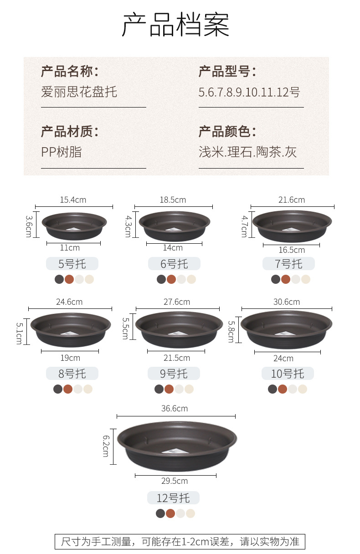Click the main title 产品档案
175,25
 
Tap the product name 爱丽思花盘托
79,92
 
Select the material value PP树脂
61,152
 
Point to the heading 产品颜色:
227,131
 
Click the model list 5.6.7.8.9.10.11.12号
249,92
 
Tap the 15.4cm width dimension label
73,200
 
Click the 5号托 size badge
72,264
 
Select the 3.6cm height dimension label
29,226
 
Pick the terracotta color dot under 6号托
171,279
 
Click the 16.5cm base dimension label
292,250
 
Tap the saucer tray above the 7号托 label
292,226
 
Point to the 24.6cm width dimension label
69,302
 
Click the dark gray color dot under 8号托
58,389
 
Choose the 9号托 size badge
174,374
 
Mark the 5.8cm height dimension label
231,332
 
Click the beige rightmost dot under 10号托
302,389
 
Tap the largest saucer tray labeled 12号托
177,446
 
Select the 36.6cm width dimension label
175,409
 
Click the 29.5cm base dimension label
175,481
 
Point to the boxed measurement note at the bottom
180,542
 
